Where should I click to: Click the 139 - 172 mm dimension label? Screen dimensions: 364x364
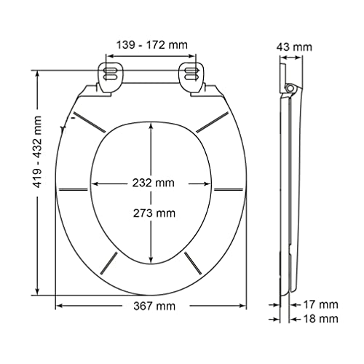(152, 45)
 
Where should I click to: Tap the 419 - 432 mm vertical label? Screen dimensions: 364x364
(37, 152)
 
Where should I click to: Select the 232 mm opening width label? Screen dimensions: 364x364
(154, 183)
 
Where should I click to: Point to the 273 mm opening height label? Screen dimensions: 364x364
(154, 213)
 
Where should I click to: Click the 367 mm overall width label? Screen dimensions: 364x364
(154, 306)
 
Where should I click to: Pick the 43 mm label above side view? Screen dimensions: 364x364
(294, 47)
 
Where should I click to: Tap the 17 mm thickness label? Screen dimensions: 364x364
(321, 304)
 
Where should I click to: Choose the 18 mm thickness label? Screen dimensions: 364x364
(321, 318)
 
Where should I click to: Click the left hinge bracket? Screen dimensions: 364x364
(110, 78)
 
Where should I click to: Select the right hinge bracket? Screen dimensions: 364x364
(191, 78)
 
